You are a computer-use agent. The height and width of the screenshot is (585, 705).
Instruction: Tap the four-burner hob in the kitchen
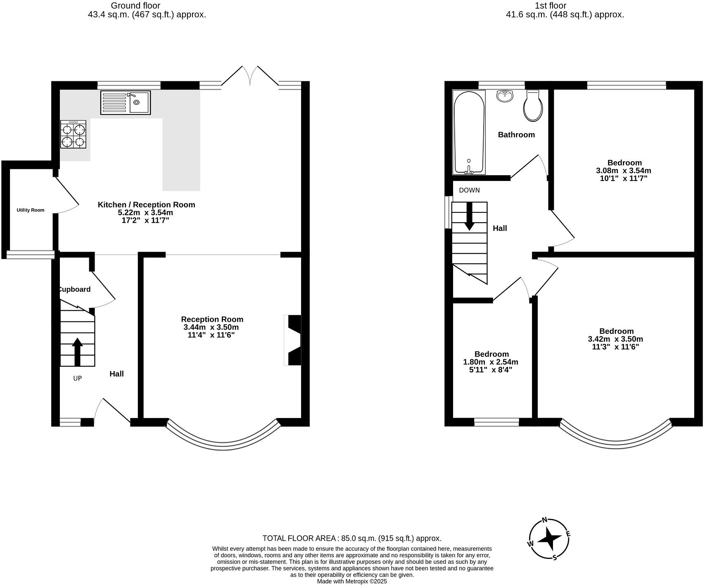pos(74,135)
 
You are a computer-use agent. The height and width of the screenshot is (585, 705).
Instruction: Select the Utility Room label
pos(30,210)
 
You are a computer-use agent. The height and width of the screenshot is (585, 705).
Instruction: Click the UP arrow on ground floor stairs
pos(77,352)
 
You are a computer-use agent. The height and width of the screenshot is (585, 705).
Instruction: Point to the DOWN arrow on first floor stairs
pos(469,217)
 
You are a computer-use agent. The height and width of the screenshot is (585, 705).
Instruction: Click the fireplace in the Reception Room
pos(293,340)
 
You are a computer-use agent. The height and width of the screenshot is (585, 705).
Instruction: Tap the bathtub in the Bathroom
pos(469,132)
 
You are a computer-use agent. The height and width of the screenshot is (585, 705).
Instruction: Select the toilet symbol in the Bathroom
pos(533,106)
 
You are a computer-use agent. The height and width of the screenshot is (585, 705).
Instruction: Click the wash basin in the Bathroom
pos(505,96)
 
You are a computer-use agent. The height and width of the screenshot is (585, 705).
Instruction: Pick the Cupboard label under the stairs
pos(74,289)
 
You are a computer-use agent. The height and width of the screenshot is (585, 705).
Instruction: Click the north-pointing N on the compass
pos(544,520)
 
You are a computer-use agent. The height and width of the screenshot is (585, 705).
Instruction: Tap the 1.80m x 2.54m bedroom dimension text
pos(491,362)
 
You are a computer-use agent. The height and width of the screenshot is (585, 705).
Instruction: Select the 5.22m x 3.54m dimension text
pos(145,212)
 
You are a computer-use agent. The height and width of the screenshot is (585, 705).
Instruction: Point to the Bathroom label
pos(516,135)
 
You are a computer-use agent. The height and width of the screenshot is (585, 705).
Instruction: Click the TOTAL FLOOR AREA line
pos(352,538)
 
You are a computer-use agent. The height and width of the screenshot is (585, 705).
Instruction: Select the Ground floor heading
pos(135,6)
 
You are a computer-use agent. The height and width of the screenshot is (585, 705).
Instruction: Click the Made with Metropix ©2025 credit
pos(352,581)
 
